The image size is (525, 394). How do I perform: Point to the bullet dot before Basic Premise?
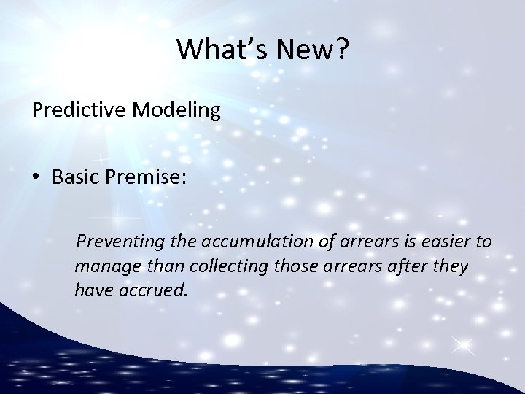[36, 181]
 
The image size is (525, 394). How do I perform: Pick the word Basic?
[76, 181]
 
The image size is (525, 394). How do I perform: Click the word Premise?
[148, 181]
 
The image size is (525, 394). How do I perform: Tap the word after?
[400, 266]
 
